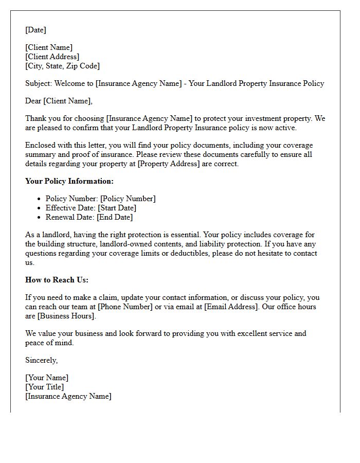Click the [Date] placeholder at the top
click(35, 30)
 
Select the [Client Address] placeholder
click(52, 57)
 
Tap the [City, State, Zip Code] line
click(62, 66)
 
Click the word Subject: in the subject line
click(39, 83)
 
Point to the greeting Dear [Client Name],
click(59, 101)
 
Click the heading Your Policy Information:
click(69, 181)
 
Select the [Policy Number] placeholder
click(128, 199)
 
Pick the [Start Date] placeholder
click(118, 208)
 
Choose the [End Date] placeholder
click(115, 217)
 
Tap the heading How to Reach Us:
click(57, 280)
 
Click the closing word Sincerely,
click(42, 360)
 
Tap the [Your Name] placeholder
click(47, 378)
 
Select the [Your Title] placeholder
click(45, 387)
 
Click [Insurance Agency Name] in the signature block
click(68, 396)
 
